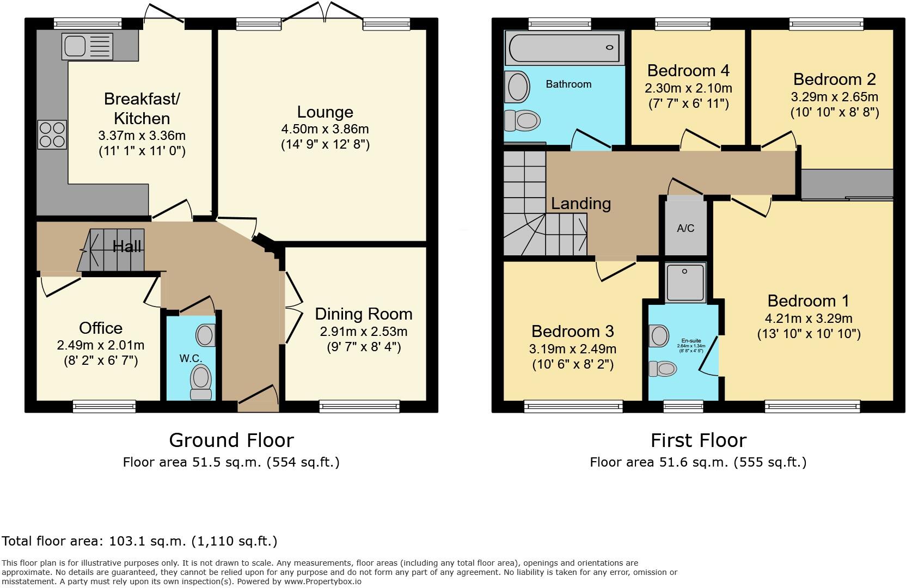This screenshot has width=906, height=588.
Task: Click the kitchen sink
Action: [x=87, y=46]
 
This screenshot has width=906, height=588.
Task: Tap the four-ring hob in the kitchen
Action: [x=52, y=134]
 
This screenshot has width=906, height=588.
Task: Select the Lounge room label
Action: [x=325, y=112]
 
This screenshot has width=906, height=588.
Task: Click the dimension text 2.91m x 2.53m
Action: [x=363, y=332]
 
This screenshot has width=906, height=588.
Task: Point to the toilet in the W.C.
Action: [x=201, y=380]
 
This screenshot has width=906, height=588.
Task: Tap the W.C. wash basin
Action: [x=205, y=335]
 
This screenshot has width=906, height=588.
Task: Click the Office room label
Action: [x=101, y=328]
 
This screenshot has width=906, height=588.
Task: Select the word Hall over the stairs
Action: [x=127, y=247]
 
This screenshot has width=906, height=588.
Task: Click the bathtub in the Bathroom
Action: [x=564, y=48]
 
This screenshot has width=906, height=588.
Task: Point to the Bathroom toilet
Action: [x=522, y=120]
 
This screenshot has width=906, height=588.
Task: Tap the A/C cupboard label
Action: [x=685, y=228]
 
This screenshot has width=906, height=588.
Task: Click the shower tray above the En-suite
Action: [x=685, y=281]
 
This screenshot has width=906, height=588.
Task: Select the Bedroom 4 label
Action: [x=688, y=71]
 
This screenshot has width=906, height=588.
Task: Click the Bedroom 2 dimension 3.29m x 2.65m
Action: [x=834, y=97]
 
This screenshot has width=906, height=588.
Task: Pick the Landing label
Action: [x=580, y=204]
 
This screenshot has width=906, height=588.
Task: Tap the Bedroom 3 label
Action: [x=572, y=331]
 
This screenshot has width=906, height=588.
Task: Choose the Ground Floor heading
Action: [x=231, y=440]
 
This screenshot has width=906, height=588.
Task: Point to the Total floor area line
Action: [x=139, y=541]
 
